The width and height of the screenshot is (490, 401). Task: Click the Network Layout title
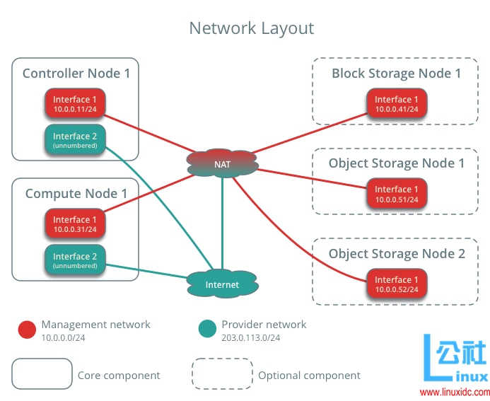point(251,28)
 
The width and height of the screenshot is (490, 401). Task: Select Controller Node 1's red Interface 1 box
point(75,103)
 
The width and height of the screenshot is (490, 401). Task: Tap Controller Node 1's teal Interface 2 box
point(75,140)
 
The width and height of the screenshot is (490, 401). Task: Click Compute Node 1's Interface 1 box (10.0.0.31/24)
point(75,223)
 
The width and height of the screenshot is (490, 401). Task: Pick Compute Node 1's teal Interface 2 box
point(75,260)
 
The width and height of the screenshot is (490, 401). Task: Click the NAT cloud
point(222,164)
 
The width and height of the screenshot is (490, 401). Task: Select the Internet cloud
point(222,284)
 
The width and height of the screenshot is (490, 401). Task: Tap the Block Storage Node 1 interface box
point(397,103)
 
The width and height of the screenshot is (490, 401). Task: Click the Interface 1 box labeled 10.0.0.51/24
point(397,194)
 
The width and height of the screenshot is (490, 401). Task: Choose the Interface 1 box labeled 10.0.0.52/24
point(397,284)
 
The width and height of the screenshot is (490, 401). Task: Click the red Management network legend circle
point(27,329)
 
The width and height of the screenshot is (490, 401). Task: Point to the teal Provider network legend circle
point(207,329)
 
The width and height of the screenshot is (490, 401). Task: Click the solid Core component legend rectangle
point(42,374)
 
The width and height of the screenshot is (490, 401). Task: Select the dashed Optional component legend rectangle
point(222,374)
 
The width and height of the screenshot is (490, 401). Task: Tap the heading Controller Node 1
point(76,73)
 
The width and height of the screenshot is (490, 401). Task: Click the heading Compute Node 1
point(76,193)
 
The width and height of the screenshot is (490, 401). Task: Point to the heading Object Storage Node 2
point(397,254)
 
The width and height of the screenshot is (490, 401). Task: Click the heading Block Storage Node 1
point(396,74)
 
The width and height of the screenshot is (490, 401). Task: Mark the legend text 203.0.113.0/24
point(250,337)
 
